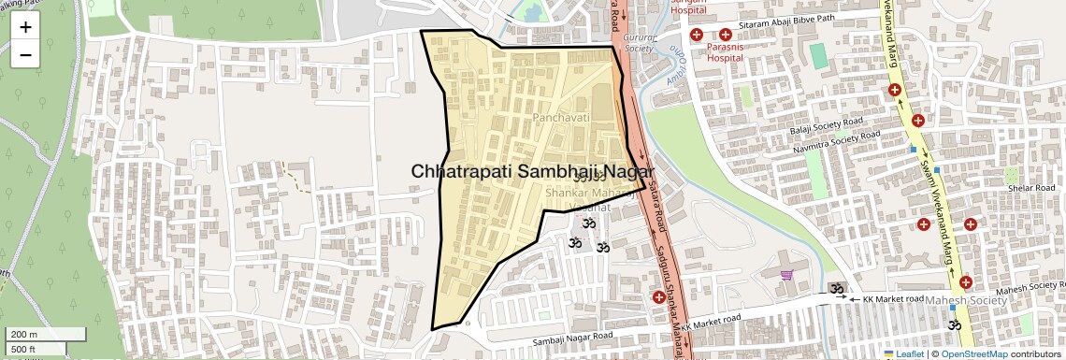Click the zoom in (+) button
(x=25, y=27)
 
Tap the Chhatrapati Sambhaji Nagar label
(x=532, y=172)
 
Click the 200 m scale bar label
(x=24, y=335)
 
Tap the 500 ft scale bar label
(x=23, y=350)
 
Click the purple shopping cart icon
(x=787, y=276)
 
